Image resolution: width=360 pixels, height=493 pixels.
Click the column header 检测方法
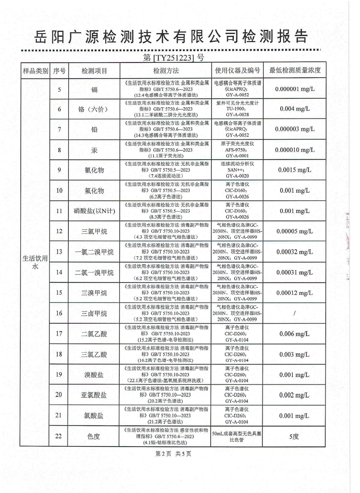tap(165, 71)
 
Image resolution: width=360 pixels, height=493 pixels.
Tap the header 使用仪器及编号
tap(237, 71)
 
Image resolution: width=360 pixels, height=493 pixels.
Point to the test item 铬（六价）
tap(94, 109)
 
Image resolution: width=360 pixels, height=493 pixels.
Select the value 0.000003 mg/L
tap(294, 130)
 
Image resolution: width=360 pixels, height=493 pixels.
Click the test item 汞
tap(94, 150)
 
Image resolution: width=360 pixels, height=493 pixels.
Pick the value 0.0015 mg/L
tap(294, 170)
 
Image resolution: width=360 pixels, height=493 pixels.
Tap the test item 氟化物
tap(94, 190)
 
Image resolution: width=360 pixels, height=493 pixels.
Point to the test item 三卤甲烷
tap(94, 313)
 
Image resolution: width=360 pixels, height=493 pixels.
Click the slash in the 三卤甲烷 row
tap(294, 313)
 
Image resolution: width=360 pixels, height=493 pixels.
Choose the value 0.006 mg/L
tap(294, 334)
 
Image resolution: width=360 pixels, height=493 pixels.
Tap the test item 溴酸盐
tap(94, 375)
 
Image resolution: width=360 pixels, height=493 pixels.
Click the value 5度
tap(294, 437)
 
